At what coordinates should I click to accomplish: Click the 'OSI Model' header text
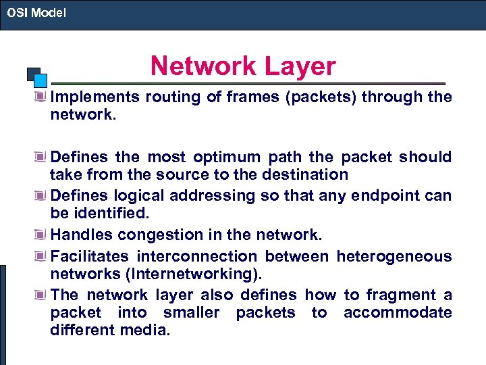click(36, 12)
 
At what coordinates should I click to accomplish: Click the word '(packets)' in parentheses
click(320, 97)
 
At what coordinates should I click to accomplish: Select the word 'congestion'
click(152, 235)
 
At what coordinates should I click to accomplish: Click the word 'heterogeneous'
click(394, 256)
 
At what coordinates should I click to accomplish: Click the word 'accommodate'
click(398, 312)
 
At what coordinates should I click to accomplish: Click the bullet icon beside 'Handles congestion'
click(43, 235)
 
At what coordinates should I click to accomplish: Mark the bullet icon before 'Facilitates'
click(43, 256)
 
